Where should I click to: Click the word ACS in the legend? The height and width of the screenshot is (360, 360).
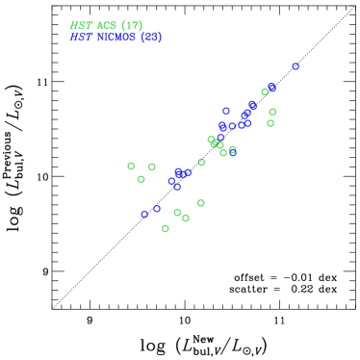pyautogui.click(x=106, y=26)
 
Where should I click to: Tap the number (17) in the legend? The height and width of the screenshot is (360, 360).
pyautogui.click(x=132, y=26)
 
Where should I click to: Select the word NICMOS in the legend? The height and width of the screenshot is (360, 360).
pyautogui.click(x=115, y=38)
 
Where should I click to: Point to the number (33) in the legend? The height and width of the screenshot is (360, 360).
pyautogui.click(x=151, y=38)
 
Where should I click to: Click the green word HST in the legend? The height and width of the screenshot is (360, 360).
pyautogui.click(x=81, y=26)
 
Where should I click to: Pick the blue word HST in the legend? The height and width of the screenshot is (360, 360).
pyautogui.click(x=81, y=38)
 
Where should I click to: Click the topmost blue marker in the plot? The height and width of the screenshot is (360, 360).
pyautogui.click(x=296, y=66)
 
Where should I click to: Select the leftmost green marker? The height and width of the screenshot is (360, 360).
pyautogui.click(x=131, y=166)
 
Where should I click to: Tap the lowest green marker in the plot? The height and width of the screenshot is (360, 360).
pyautogui.click(x=166, y=228)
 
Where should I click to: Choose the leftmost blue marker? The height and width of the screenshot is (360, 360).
pyautogui.click(x=144, y=214)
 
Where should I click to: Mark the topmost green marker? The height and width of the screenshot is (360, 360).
pyautogui.click(x=265, y=91)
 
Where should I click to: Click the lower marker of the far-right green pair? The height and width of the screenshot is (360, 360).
pyautogui.click(x=270, y=123)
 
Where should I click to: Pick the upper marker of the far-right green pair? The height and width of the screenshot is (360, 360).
pyautogui.click(x=272, y=112)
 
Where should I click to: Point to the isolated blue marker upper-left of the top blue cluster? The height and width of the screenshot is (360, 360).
pyautogui.click(x=226, y=111)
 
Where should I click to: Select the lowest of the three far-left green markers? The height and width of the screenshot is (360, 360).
pyautogui.click(x=141, y=179)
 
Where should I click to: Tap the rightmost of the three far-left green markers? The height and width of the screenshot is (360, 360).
pyautogui.click(x=152, y=167)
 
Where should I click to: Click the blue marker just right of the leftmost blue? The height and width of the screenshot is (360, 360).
pyautogui.click(x=157, y=209)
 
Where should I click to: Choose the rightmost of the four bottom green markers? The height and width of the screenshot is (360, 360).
pyautogui.click(x=200, y=203)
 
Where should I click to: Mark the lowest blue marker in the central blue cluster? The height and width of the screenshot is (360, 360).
pyautogui.click(x=177, y=187)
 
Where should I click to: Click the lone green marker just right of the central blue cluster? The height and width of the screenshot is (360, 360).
pyautogui.click(x=201, y=162)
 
